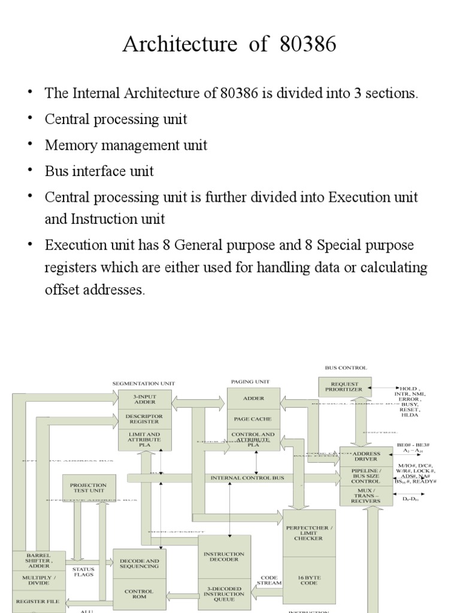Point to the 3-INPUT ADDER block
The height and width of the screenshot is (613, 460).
[144, 399]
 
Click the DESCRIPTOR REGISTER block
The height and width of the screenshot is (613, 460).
[144, 418]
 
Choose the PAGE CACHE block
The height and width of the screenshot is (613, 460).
[253, 420]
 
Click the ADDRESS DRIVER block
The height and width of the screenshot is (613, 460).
[366, 457]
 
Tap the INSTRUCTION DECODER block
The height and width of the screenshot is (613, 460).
[224, 557]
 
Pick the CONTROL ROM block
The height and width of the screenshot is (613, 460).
[139, 594]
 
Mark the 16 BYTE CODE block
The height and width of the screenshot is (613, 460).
[308, 580]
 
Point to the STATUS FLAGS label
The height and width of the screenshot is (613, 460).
[83, 572]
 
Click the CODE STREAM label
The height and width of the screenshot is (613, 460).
[269, 580]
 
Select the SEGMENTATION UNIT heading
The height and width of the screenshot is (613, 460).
[144, 383]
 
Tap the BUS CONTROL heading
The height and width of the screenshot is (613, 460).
[346, 368]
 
